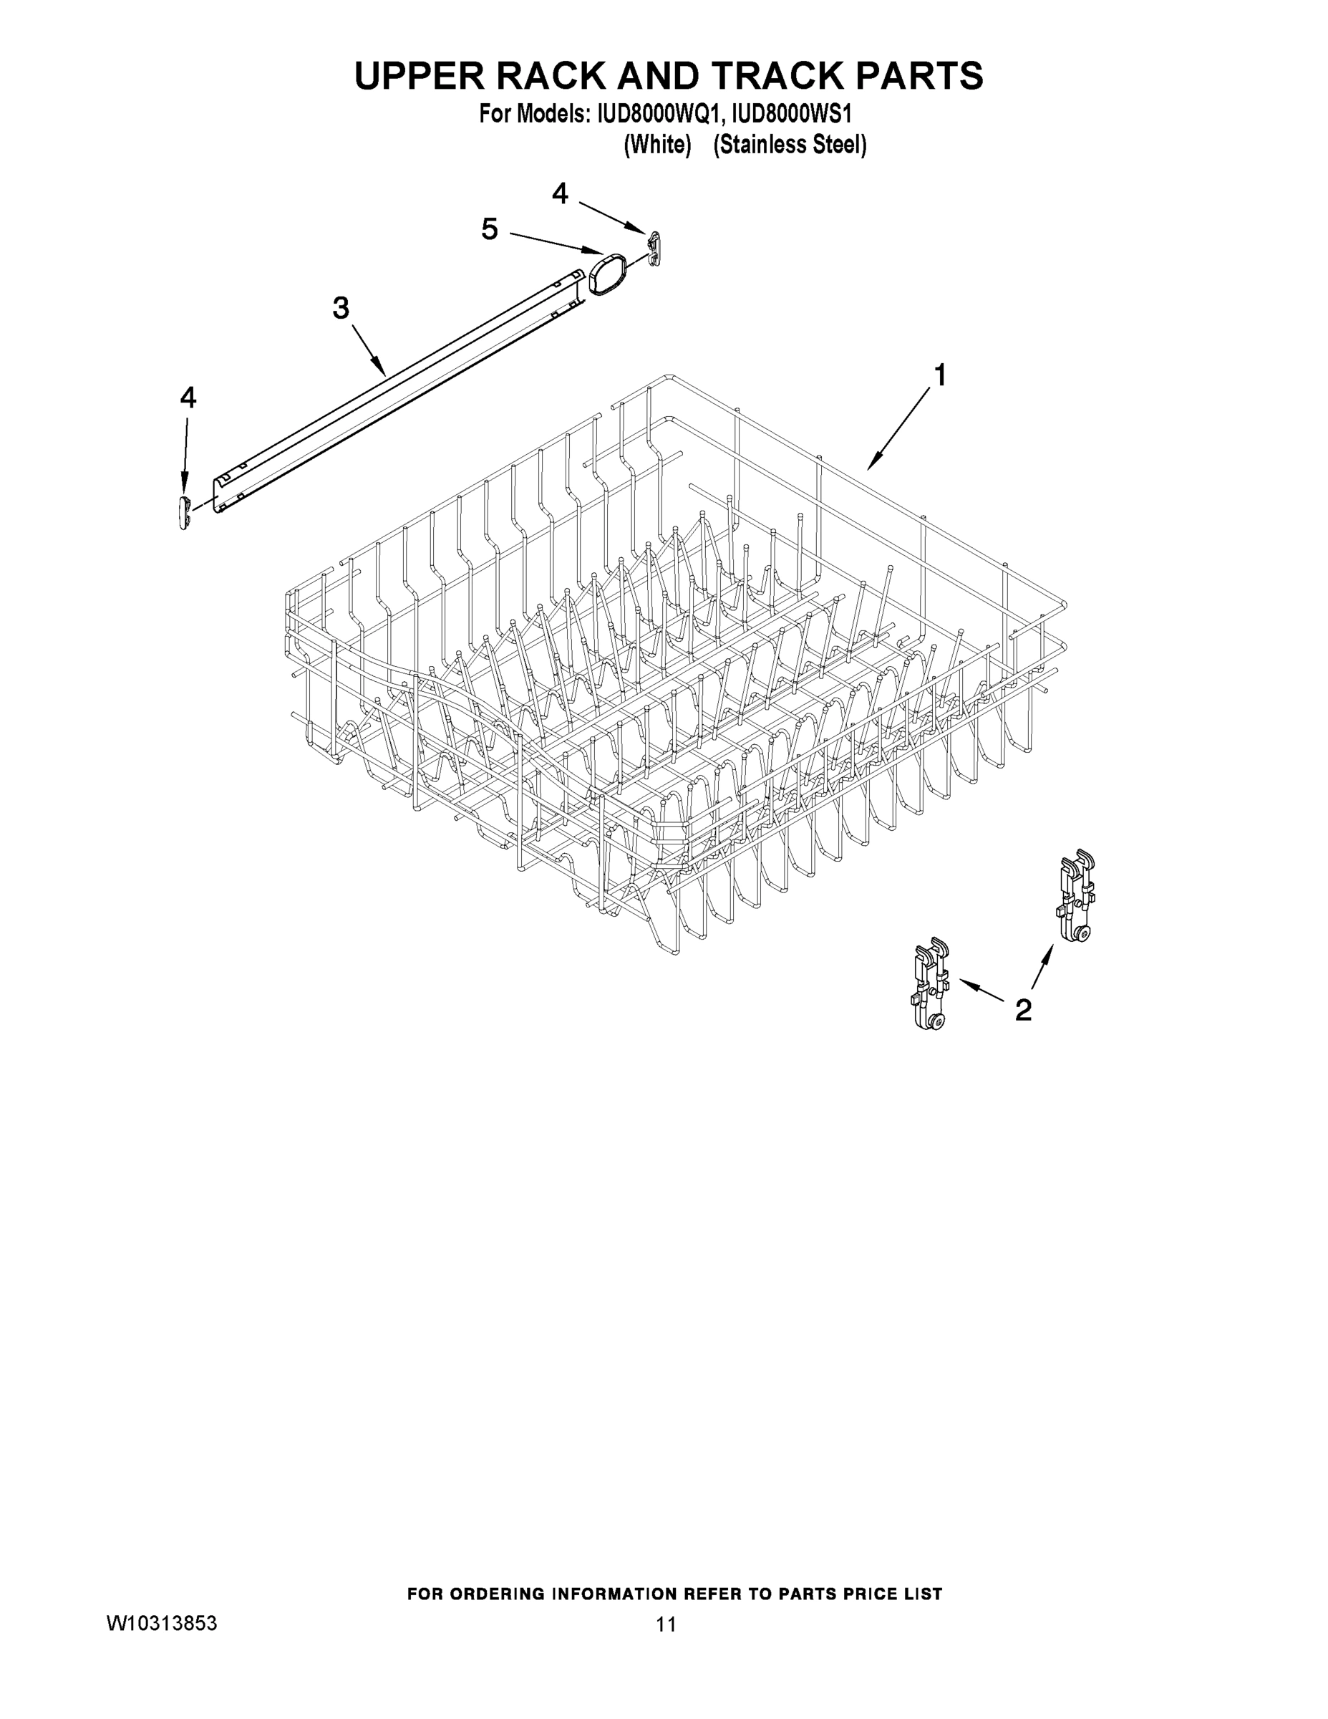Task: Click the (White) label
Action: (657, 145)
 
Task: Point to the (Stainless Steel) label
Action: (790, 145)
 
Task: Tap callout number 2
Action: (1023, 1010)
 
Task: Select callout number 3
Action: (340, 308)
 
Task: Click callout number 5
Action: (490, 229)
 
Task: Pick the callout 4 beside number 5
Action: (559, 193)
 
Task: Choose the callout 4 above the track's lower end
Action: (188, 398)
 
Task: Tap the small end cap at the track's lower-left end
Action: (185, 512)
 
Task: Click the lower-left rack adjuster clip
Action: (931, 984)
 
